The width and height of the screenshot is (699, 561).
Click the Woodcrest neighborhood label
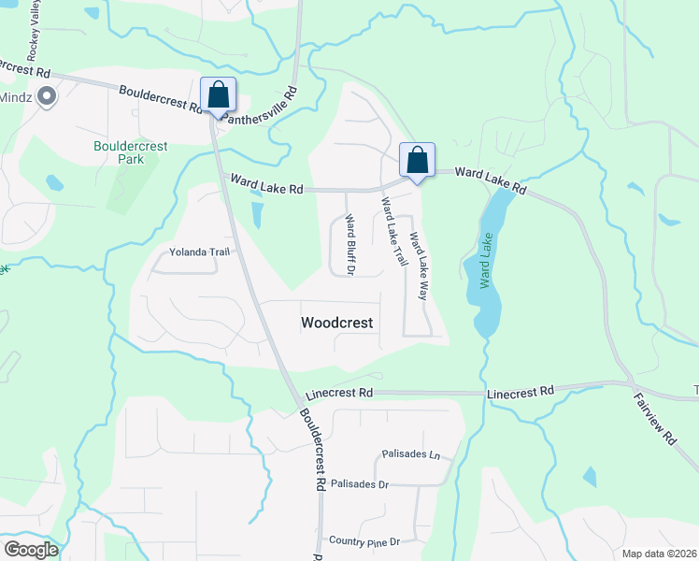pos(336,323)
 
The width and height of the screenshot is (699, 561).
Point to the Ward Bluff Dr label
pos(350,245)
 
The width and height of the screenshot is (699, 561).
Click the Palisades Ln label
pos(411,454)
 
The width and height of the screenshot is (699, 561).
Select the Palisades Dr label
pos(359,484)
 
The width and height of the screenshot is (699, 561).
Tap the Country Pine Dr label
pos(364,541)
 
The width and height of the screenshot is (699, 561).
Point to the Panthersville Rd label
pos(266,108)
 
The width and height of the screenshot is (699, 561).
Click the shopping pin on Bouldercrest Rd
pos(218,95)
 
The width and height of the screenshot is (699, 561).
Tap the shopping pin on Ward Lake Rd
pos(418,160)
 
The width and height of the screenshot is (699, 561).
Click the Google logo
pos(32,550)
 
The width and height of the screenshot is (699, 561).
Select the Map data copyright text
pos(660,554)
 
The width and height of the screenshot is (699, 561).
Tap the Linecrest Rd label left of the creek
pos(340,393)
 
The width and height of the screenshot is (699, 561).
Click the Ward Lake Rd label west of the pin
pos(267,188)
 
